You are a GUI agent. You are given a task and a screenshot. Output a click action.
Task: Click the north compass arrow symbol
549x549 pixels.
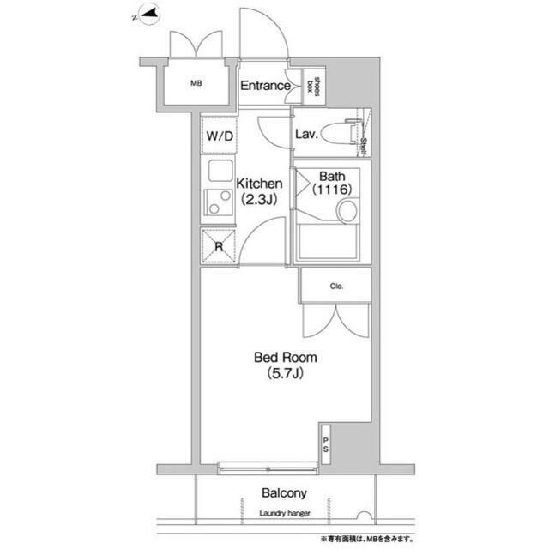point(147,15)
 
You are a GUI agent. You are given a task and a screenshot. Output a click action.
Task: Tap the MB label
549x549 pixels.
point(196,83)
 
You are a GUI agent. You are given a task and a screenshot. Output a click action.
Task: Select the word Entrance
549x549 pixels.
point(265,86)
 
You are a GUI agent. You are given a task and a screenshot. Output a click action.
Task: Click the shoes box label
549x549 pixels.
point(313,87)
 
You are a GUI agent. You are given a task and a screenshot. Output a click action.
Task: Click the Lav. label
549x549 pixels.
point(306,134)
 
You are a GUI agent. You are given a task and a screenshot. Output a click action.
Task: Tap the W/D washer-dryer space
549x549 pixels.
point(220,136)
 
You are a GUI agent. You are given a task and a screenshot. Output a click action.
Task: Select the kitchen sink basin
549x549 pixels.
point(220,170)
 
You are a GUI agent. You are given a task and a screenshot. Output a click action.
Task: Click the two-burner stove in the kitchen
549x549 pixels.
point(218,202)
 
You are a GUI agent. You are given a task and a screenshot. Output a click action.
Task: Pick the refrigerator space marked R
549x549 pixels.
point(219,246)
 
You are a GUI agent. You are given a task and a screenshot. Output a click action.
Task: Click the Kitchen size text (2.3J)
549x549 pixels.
point(259,200)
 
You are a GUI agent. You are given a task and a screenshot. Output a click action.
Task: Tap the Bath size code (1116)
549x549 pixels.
point(332,190)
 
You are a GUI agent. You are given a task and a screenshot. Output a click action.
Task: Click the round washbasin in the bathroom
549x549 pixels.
point(347,211)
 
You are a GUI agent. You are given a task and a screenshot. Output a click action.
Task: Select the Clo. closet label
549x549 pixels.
point(336,287)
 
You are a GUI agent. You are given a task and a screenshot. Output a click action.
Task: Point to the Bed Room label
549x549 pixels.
point(286,358)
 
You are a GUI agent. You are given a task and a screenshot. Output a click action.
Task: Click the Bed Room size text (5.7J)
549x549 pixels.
point(286,374)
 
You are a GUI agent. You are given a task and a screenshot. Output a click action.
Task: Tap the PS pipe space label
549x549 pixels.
point(326,444)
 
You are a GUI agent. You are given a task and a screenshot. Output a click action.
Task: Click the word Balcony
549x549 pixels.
point(284,493)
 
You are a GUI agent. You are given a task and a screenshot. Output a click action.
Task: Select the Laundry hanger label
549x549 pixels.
point(285,513)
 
